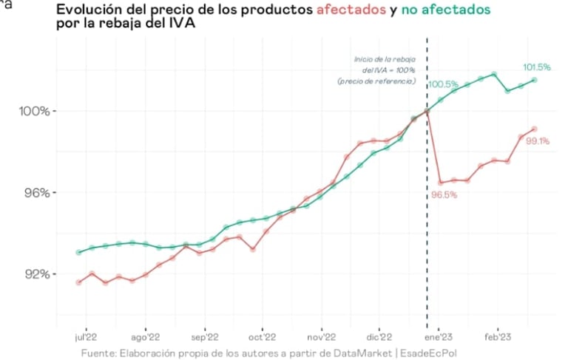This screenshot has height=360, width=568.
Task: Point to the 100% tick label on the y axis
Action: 33,112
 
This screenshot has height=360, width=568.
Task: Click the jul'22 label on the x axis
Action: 87,335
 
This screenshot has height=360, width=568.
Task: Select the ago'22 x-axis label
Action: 146,335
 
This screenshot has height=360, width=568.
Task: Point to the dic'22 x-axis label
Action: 378,335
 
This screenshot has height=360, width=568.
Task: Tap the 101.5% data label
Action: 536,67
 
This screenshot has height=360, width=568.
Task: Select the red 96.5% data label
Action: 444,195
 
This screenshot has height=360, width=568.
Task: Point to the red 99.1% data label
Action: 538,141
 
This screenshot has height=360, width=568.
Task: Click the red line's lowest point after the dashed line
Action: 441,182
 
